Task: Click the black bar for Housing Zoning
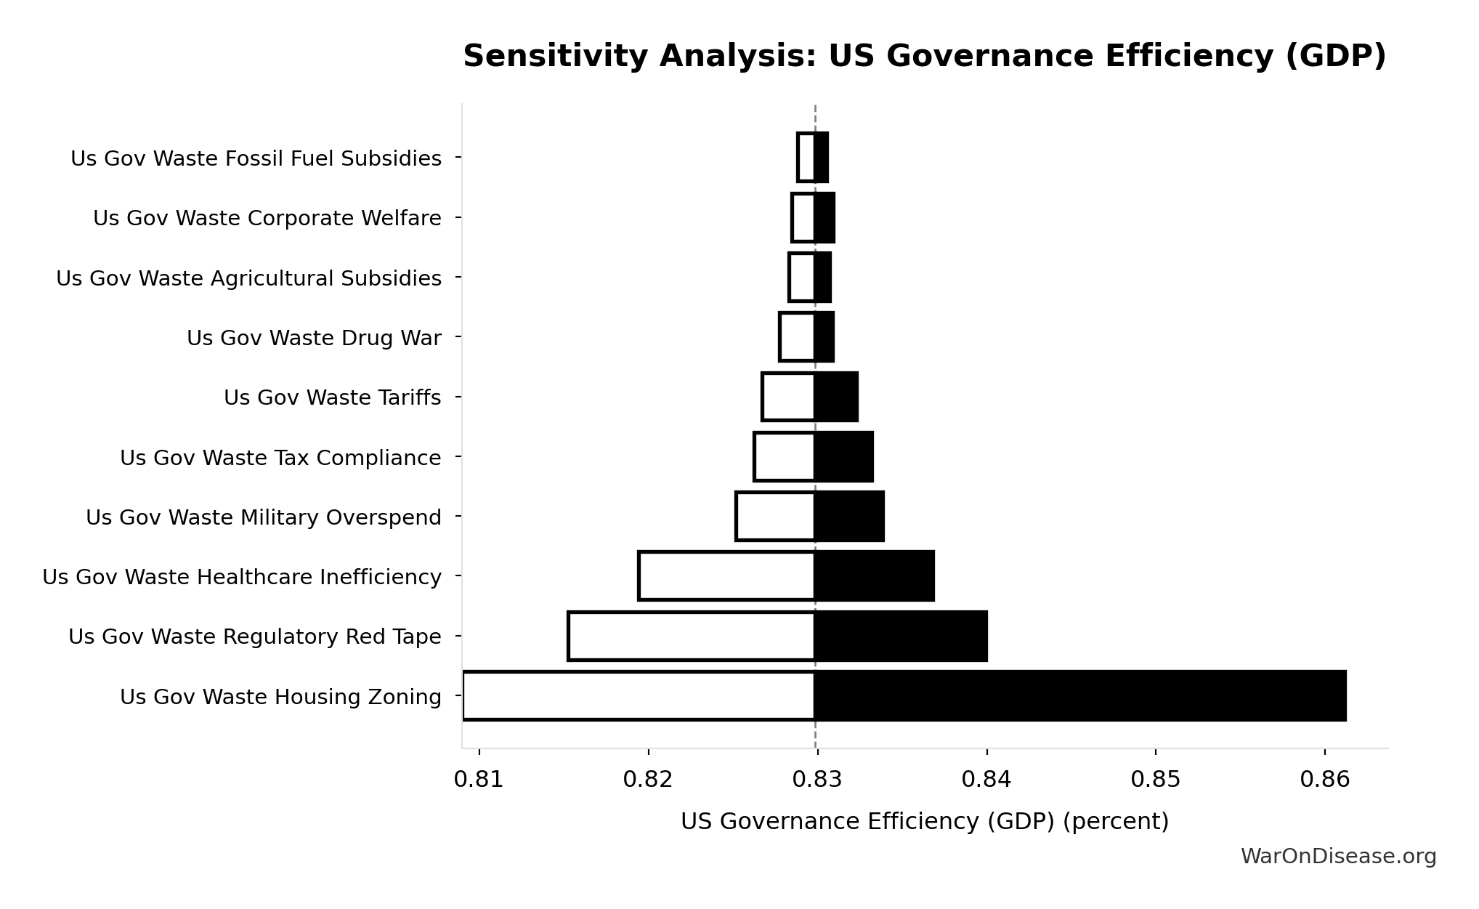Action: pos(1079,696)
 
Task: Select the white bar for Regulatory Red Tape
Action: pos(691,637)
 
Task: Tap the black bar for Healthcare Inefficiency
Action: pos(874,576)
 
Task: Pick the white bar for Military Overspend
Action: pos(775,517)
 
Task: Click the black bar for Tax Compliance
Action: pos(843,457)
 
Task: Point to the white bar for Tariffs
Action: pos(788,397)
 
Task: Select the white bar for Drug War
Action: pos(797,337)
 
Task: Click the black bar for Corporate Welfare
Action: pos(824,218)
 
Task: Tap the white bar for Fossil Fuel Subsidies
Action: pos(806,158)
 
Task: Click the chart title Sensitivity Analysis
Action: pos(924,57)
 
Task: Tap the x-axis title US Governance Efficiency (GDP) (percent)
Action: pos(924,822)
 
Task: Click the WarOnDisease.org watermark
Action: pos(1338,857)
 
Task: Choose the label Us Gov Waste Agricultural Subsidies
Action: pos(248,278)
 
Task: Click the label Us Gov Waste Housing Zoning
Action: pos(280,697)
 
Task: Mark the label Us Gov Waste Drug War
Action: pos(314,339)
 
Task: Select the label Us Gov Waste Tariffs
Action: pos(332,398)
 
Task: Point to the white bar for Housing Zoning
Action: pos(639,696)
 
